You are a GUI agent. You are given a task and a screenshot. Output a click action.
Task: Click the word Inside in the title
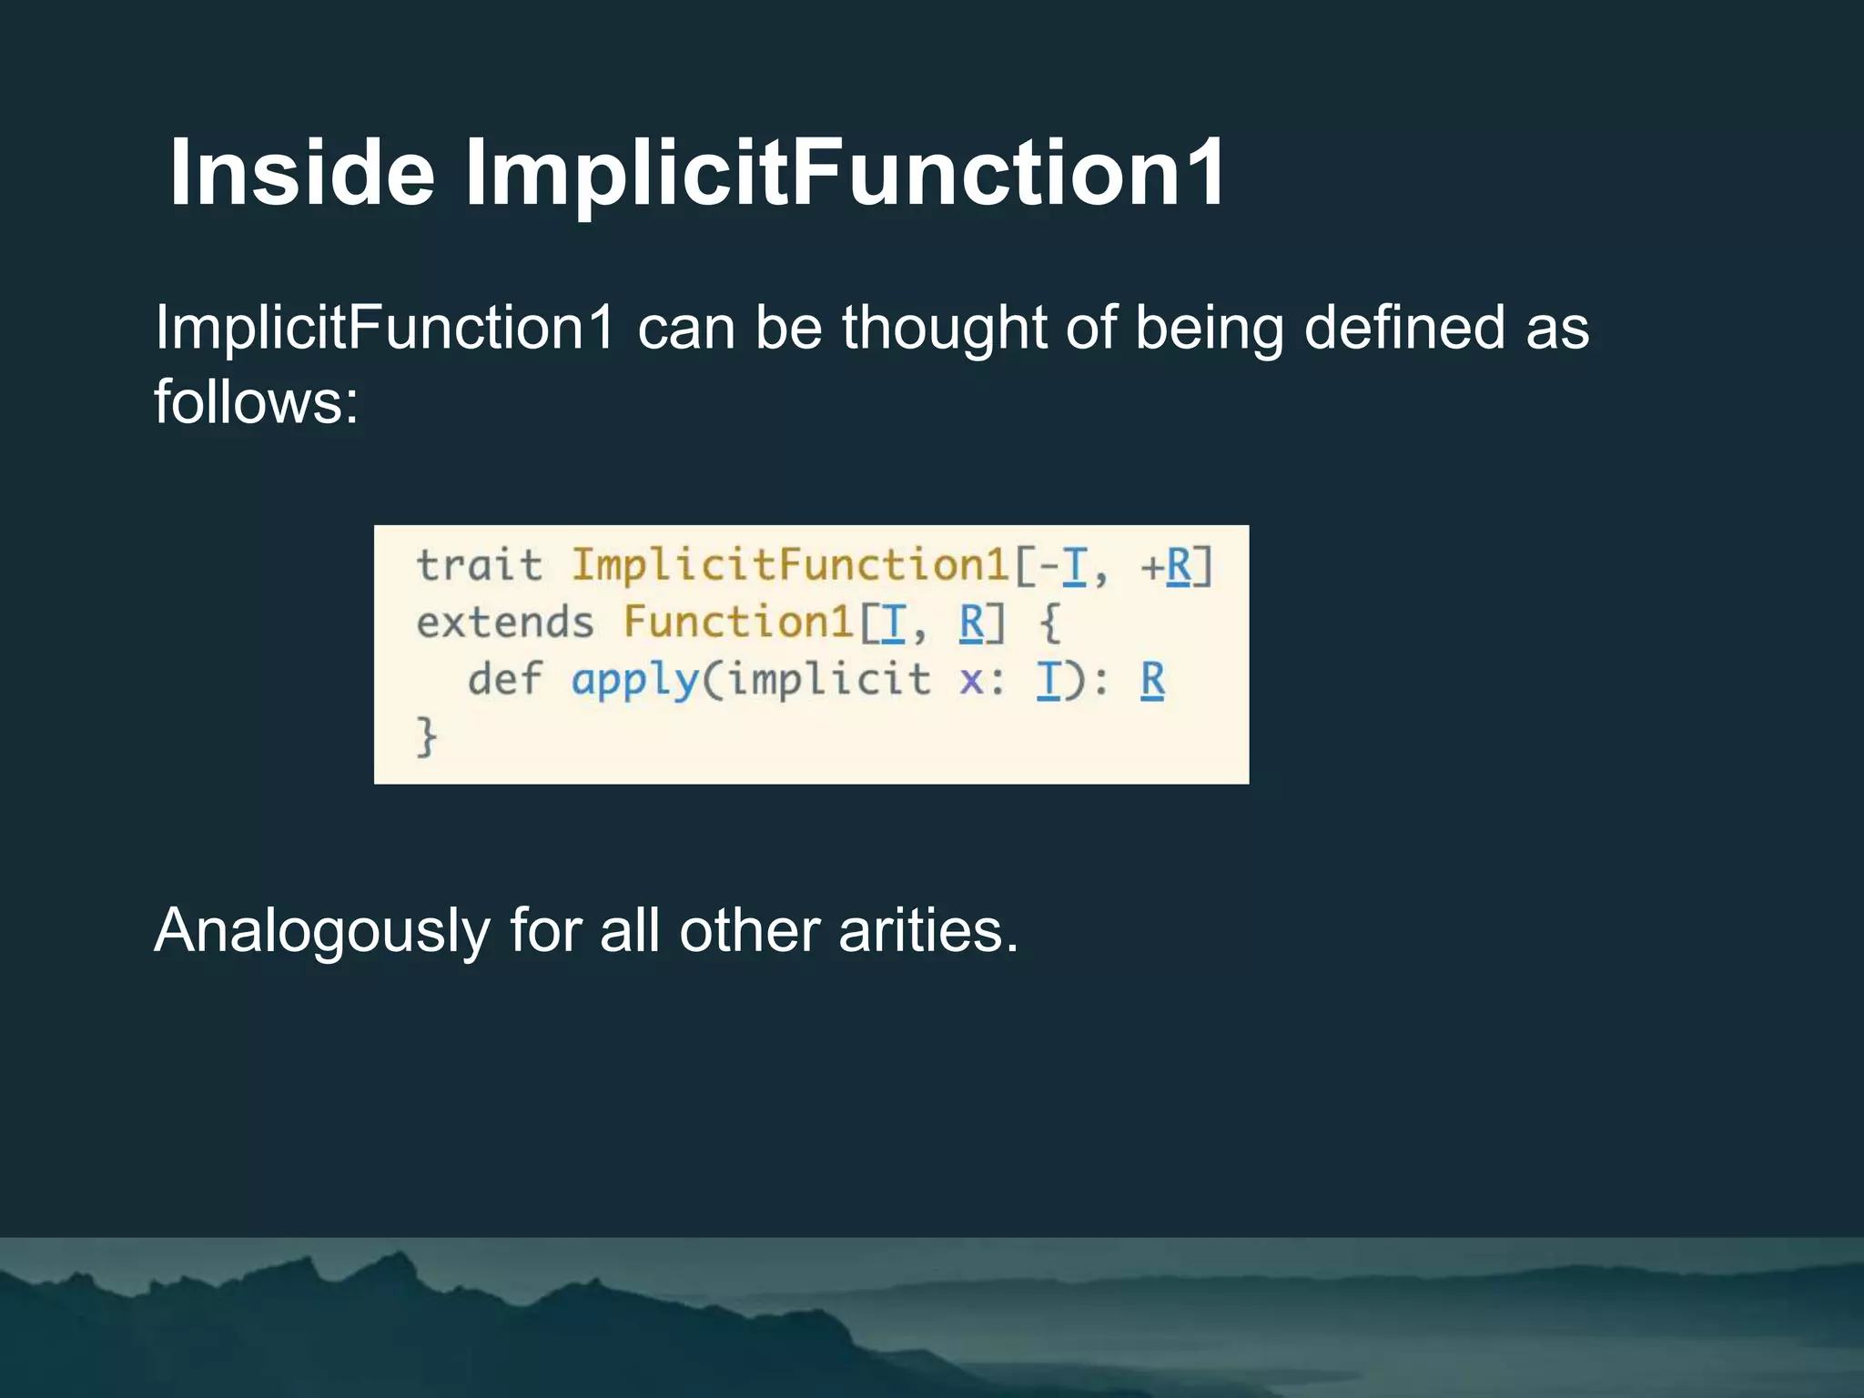coord(302,173)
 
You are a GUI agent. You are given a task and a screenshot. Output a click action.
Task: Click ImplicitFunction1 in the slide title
coord(845,173)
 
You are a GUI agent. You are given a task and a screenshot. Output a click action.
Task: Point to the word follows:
coord(257,402)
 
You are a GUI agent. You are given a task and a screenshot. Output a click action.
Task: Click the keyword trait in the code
coord(479,565)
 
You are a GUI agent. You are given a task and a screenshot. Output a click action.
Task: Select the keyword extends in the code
coord(505,623)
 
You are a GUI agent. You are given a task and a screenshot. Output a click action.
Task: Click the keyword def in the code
coord(504,679)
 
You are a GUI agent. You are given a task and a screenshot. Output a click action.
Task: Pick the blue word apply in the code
coord(634,681)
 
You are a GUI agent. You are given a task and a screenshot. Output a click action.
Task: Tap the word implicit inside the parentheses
coord(829,679)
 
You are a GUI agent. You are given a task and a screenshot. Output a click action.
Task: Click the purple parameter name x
coord(971,681)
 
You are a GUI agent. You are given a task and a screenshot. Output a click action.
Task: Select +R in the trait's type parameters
coord(1166,566)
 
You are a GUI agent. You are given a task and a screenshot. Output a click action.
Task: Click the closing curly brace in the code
coord(426,736)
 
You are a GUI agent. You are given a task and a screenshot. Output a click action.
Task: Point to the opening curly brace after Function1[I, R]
coord(1049,623)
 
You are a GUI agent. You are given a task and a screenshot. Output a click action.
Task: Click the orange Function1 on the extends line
coord(738,623)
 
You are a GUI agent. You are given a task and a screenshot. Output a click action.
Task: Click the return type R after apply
coord(1152,680)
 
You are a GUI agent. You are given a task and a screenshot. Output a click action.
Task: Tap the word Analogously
coord(322,931)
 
